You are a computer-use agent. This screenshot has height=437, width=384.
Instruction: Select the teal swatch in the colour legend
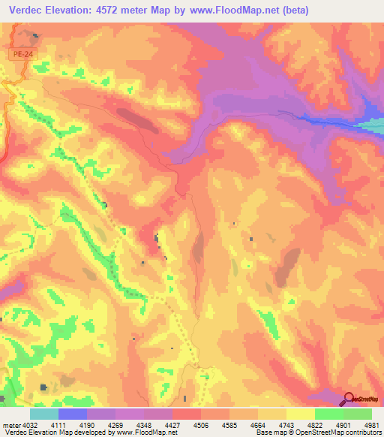pyautogui.click(x=44, y=414)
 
